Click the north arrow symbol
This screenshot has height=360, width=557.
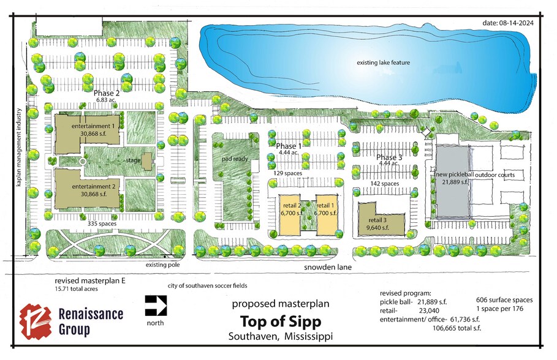coord(156,306)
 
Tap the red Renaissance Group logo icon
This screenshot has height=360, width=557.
coord(36,321)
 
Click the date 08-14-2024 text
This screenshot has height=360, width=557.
coord(508,23)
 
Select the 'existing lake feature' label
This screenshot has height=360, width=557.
coord(384,62)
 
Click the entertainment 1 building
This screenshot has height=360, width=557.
coord(87,134)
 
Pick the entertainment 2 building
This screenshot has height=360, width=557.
coord(88,189)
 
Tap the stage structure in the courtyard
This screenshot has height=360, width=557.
coord(146,162)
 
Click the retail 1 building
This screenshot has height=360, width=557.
coord(327,214)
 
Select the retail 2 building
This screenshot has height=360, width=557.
coord(290,214)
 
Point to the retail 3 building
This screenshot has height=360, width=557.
coord(381,220)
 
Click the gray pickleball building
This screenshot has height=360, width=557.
coord(452,181)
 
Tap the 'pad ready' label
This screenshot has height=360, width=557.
coord(235,159)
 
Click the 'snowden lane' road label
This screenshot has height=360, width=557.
coord(328,268)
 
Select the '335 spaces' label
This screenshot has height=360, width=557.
coord(102,223)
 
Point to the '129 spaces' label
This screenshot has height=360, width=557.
coord(288,173)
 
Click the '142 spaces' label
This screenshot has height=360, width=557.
coord(385,184)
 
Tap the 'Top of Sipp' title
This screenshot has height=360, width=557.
coord(281,321)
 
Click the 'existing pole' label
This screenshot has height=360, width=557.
coord(163,265)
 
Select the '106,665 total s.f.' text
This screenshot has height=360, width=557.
coord(457,328)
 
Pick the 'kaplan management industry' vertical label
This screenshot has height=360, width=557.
coord(19,148)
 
